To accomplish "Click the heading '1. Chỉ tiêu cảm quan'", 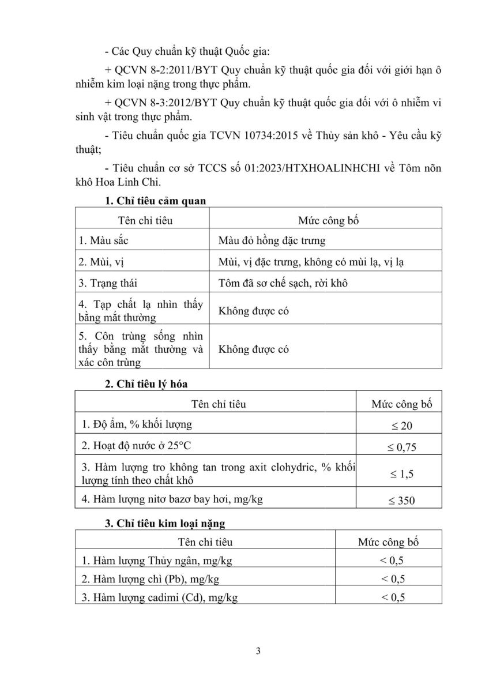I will (x=155, y=201).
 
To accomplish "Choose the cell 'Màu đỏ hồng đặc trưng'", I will (x=272, y=240).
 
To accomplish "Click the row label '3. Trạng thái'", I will (x=108, y=283).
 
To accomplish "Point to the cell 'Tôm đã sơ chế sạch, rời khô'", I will (x=283, y=283).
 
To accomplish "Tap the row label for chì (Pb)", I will (x=150, y=578).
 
